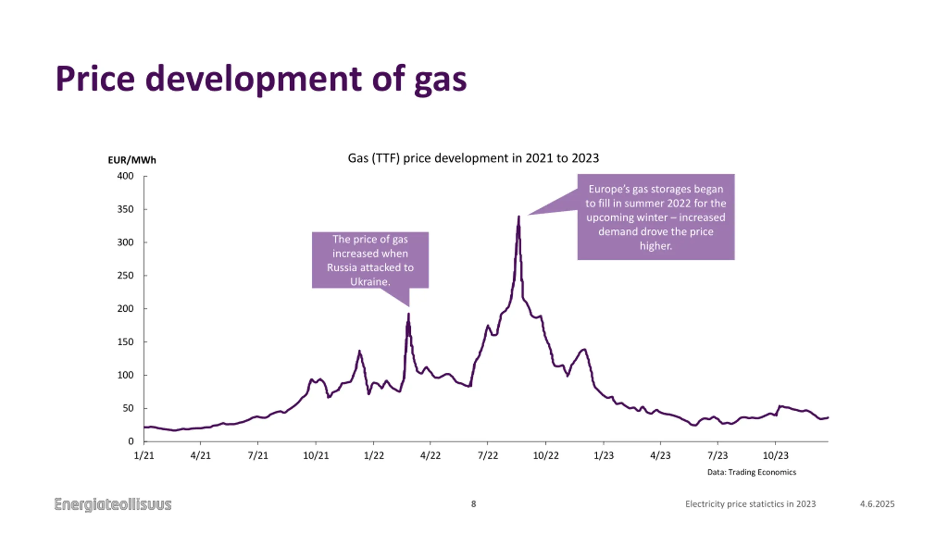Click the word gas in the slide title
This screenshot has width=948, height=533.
click(440, 80)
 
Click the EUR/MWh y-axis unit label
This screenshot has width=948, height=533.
click(132, 160)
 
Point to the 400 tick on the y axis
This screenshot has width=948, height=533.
click(125, 176)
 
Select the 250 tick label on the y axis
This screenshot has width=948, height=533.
click(125, 275)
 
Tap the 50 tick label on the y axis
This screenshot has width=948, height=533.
click(128, 408)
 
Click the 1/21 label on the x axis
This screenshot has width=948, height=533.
click(144, 455)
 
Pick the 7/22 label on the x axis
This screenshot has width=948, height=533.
click(488, 455)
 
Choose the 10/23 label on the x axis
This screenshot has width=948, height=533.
click(775, 455)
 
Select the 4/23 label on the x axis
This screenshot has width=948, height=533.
click(660, 455)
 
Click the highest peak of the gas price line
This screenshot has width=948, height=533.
click(519, 217)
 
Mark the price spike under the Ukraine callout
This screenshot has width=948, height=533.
click(408, 315)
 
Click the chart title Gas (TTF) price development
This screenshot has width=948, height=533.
click(473, 158)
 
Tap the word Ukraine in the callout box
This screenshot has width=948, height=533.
click(370, 282)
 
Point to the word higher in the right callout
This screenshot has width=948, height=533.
click(655, 246)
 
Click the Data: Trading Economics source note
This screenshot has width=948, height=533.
click(751, 472)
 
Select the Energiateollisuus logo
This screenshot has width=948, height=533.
click(113, 504)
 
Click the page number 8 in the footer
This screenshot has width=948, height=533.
click(473, 504)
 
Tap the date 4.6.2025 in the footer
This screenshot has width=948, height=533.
click(877, 504)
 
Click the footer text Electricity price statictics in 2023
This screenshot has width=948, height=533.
click(750, 504)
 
